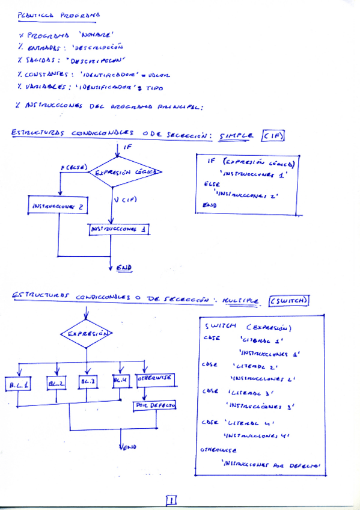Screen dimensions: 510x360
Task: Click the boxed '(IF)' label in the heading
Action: [273, 136]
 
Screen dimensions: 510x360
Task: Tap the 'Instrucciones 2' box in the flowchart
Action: [58, 206]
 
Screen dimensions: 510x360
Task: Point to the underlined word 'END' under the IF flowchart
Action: [124, 267]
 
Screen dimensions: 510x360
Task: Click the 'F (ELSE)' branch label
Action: [74, 167]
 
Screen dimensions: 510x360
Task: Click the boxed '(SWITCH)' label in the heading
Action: [289, 300]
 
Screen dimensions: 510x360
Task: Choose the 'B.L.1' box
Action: [20, 383]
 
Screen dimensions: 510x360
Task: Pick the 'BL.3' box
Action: [88, 381]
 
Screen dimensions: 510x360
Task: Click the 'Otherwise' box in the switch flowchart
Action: [155, 379]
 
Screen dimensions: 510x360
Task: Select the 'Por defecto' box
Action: [154, 406]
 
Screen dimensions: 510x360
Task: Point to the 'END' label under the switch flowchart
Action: [128, 447]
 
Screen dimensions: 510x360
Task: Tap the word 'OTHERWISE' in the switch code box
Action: [218, 449]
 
